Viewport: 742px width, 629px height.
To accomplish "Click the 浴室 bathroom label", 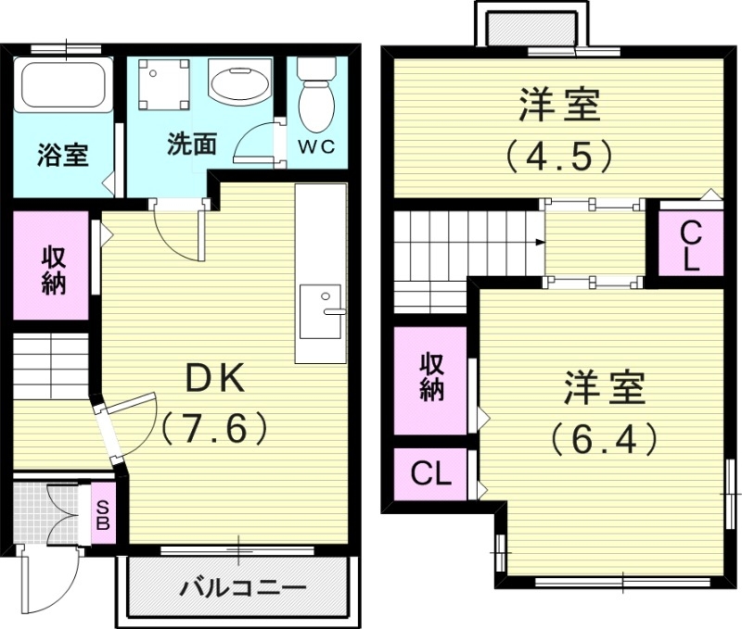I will click(62, 155).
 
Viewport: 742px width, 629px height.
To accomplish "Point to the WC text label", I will click(314, 146).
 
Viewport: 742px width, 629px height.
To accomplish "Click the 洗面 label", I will click(192, 145).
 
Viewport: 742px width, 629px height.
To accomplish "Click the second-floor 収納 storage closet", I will click(430, 378).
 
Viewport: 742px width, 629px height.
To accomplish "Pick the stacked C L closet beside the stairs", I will click(690, 245).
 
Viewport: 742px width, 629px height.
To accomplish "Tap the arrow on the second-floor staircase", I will click(539, 243).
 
